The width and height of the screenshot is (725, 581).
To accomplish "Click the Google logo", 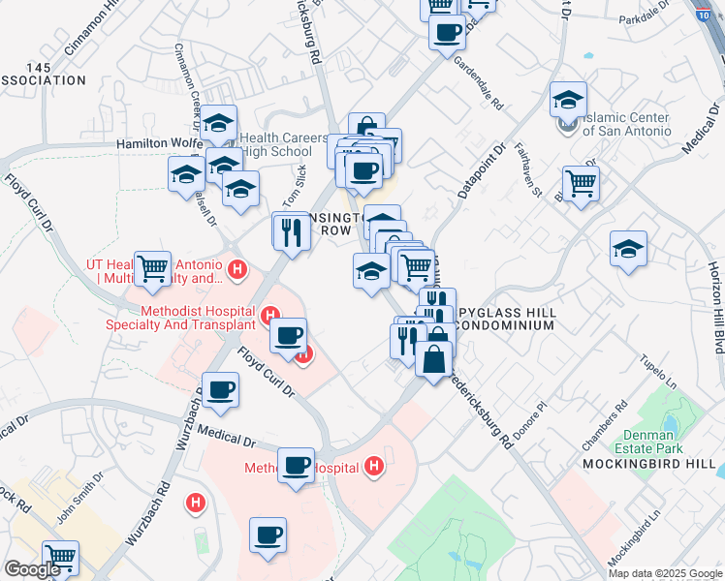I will click(32, 570).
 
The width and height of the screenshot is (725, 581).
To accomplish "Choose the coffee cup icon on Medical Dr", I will click(296, 464).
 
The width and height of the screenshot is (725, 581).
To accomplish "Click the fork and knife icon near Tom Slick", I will click(290, 229).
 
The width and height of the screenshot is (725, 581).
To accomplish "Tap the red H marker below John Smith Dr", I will click(197, 503).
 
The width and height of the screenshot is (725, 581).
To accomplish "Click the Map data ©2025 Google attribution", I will click(665, 573).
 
